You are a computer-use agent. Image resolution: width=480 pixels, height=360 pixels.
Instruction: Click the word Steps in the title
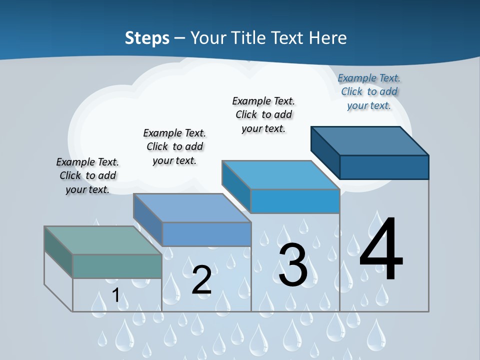147,38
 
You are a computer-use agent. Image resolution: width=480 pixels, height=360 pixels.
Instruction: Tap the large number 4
381,250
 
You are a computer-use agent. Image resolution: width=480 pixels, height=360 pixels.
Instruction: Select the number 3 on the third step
293,265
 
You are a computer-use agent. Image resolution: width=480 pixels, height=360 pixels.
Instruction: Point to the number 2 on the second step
201,280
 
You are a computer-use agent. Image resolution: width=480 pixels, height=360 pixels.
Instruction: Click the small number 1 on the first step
116,295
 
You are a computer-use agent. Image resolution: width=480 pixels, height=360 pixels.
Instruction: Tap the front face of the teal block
117,266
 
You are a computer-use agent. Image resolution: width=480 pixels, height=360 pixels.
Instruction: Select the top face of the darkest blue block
370,140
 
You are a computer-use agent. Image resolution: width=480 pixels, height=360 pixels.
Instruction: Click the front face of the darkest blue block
384,167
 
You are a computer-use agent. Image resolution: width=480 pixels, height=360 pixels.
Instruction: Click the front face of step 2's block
206,234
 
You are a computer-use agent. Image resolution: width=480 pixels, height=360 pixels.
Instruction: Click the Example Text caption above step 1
87,175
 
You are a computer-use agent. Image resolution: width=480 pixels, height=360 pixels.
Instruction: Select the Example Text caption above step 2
174,146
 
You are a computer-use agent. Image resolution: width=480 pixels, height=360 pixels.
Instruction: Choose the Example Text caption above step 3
263,114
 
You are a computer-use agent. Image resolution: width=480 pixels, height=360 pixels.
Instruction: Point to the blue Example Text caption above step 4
369,91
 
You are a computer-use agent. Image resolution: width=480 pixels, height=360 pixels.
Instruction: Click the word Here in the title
328,38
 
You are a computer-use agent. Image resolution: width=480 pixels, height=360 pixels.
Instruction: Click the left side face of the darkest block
325,152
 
